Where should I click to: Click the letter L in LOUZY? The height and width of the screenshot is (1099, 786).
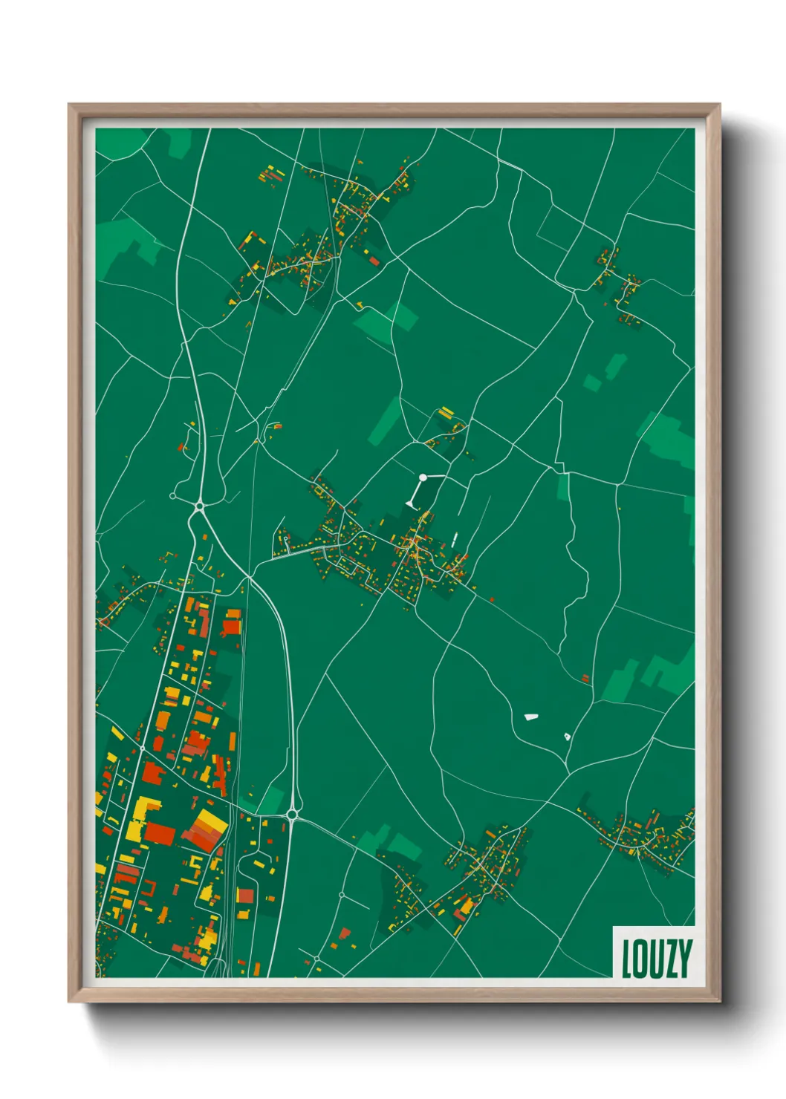click(626, 959)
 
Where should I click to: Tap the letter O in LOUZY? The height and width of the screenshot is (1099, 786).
click(640, 959)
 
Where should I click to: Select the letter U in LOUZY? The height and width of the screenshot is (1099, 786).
click(655, 959)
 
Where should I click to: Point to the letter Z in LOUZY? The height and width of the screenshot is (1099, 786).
click(670, 959)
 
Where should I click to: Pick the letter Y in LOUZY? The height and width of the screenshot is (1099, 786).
click(684, 959)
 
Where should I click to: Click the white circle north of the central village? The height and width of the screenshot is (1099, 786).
click(423, 477)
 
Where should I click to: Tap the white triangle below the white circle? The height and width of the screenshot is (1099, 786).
click(411, 503)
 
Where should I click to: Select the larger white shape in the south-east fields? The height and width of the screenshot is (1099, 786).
click(530, 717)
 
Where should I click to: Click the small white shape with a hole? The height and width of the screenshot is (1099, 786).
click(567, 736)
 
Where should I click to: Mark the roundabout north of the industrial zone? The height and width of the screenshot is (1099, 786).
click(199, 506)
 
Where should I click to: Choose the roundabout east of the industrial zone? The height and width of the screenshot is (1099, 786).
click(292, 815)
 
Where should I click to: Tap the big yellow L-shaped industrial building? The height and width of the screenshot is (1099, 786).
click(142, 818)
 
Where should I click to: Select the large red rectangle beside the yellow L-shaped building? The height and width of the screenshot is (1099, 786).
click(160, 833)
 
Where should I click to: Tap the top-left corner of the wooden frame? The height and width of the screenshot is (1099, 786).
click(69, 105)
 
